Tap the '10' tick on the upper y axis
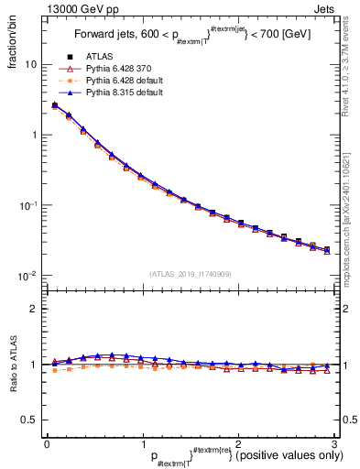point(30,65)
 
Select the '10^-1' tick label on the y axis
point(27,204)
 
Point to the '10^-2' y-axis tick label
point(27,275)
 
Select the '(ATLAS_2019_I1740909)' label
point(190,274)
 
